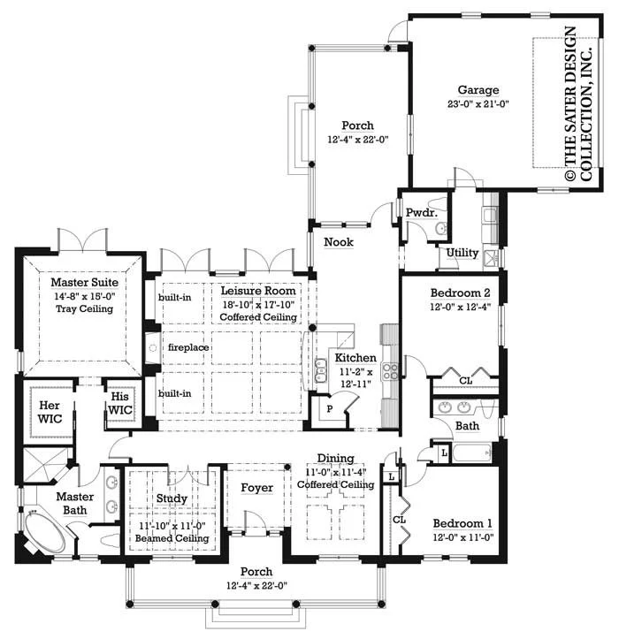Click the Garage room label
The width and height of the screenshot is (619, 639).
[478, 90]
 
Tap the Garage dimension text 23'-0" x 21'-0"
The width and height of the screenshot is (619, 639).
[478, 104]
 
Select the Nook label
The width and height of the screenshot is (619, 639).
[339, 242]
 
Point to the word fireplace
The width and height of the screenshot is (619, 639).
[188, 347]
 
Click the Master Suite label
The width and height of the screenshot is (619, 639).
[84, 283]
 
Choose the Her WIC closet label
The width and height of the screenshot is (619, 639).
[50, 412]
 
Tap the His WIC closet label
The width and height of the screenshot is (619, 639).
[120, 403]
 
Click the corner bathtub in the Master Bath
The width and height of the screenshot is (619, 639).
[44, 531]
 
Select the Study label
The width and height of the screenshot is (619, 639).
[172, 498]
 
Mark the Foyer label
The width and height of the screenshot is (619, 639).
[257, 488]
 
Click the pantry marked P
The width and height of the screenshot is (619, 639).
[330, 408]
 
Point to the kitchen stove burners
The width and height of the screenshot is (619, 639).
[389, 372]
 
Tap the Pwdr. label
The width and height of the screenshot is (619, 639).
[422, 212]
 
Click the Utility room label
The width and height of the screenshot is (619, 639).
[462, 253]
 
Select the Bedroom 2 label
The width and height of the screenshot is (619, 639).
[460, 293]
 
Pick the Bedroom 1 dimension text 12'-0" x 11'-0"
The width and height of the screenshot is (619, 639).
[463, 537]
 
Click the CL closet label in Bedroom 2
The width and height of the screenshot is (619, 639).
[466, 381]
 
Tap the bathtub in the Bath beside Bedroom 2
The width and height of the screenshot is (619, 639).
[472, 453]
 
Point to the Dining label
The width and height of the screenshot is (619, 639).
[336, 459]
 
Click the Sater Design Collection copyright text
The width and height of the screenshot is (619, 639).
[578, 104]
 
